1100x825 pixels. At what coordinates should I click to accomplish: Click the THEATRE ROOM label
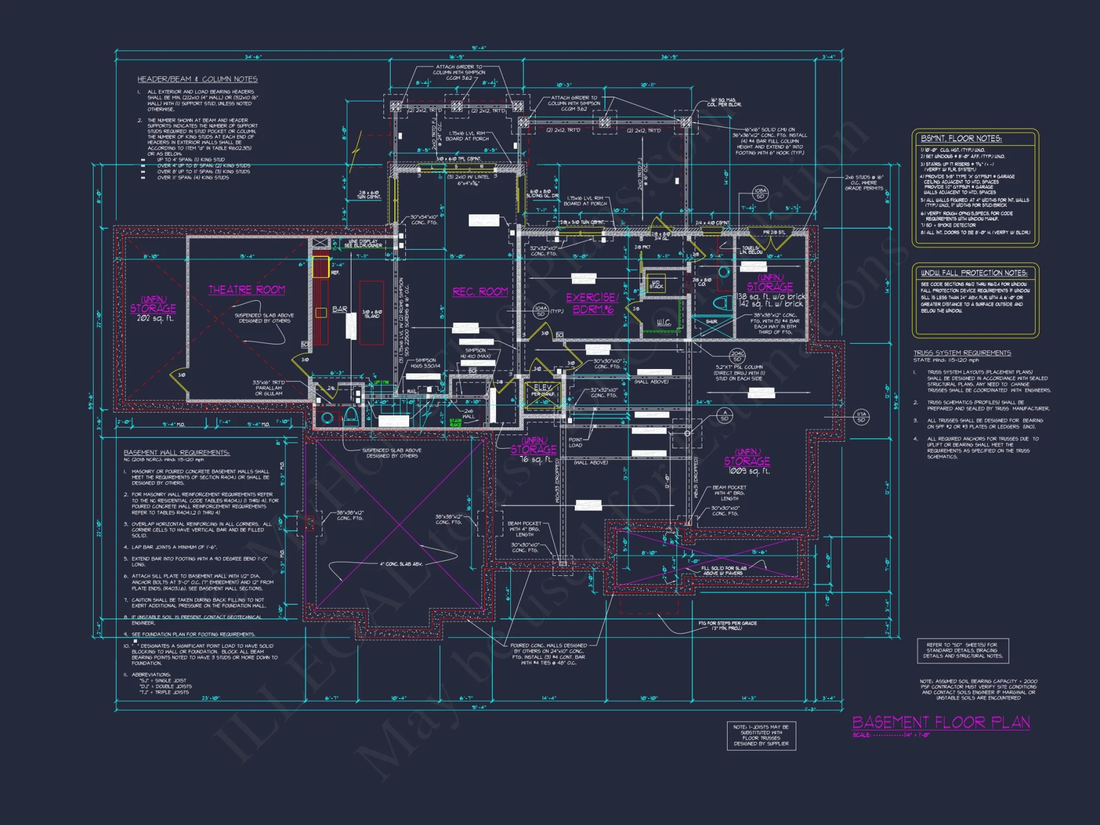pyautogui.click(x=246, y=290)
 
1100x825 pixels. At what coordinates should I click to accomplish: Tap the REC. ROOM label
pyautogui.click(x=480, y=291)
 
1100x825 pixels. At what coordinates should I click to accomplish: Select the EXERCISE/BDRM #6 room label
pyautogui.click(x=592, y=304)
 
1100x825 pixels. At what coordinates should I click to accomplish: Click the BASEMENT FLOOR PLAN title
pyautogui.click(x=941, y=722)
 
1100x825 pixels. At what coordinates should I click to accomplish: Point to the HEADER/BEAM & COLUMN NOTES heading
pyautogui.click(x=197, y=79)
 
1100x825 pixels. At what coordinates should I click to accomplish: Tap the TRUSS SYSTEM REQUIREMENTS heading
pyautogui.click(x=962, y=353)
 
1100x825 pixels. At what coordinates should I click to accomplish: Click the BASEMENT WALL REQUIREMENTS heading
pyautogui.click(x=177, y=453)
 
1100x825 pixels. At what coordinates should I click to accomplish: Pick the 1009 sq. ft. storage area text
pyautogui.click(x=749, y=471)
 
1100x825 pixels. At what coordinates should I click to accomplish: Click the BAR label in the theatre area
pyautogui.click(x=340, y=309)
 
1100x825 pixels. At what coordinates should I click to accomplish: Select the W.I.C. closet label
pyautogui.click(x=664, y=322)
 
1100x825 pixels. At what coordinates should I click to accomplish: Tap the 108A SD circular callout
pyautogui.click(x=760, y=193)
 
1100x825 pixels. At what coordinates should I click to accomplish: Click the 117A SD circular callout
pyautogui.click(x=861, y=417)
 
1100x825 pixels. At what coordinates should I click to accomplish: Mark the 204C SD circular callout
pyautogui.click(x=738, y=356)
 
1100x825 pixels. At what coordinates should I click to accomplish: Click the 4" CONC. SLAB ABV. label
pyautogui.click(x=402, y=564)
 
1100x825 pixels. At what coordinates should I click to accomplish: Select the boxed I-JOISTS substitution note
pyautogui.click(x=761, y=735)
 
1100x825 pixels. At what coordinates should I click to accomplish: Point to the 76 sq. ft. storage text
pyautogui.click(x=536, y=459)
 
